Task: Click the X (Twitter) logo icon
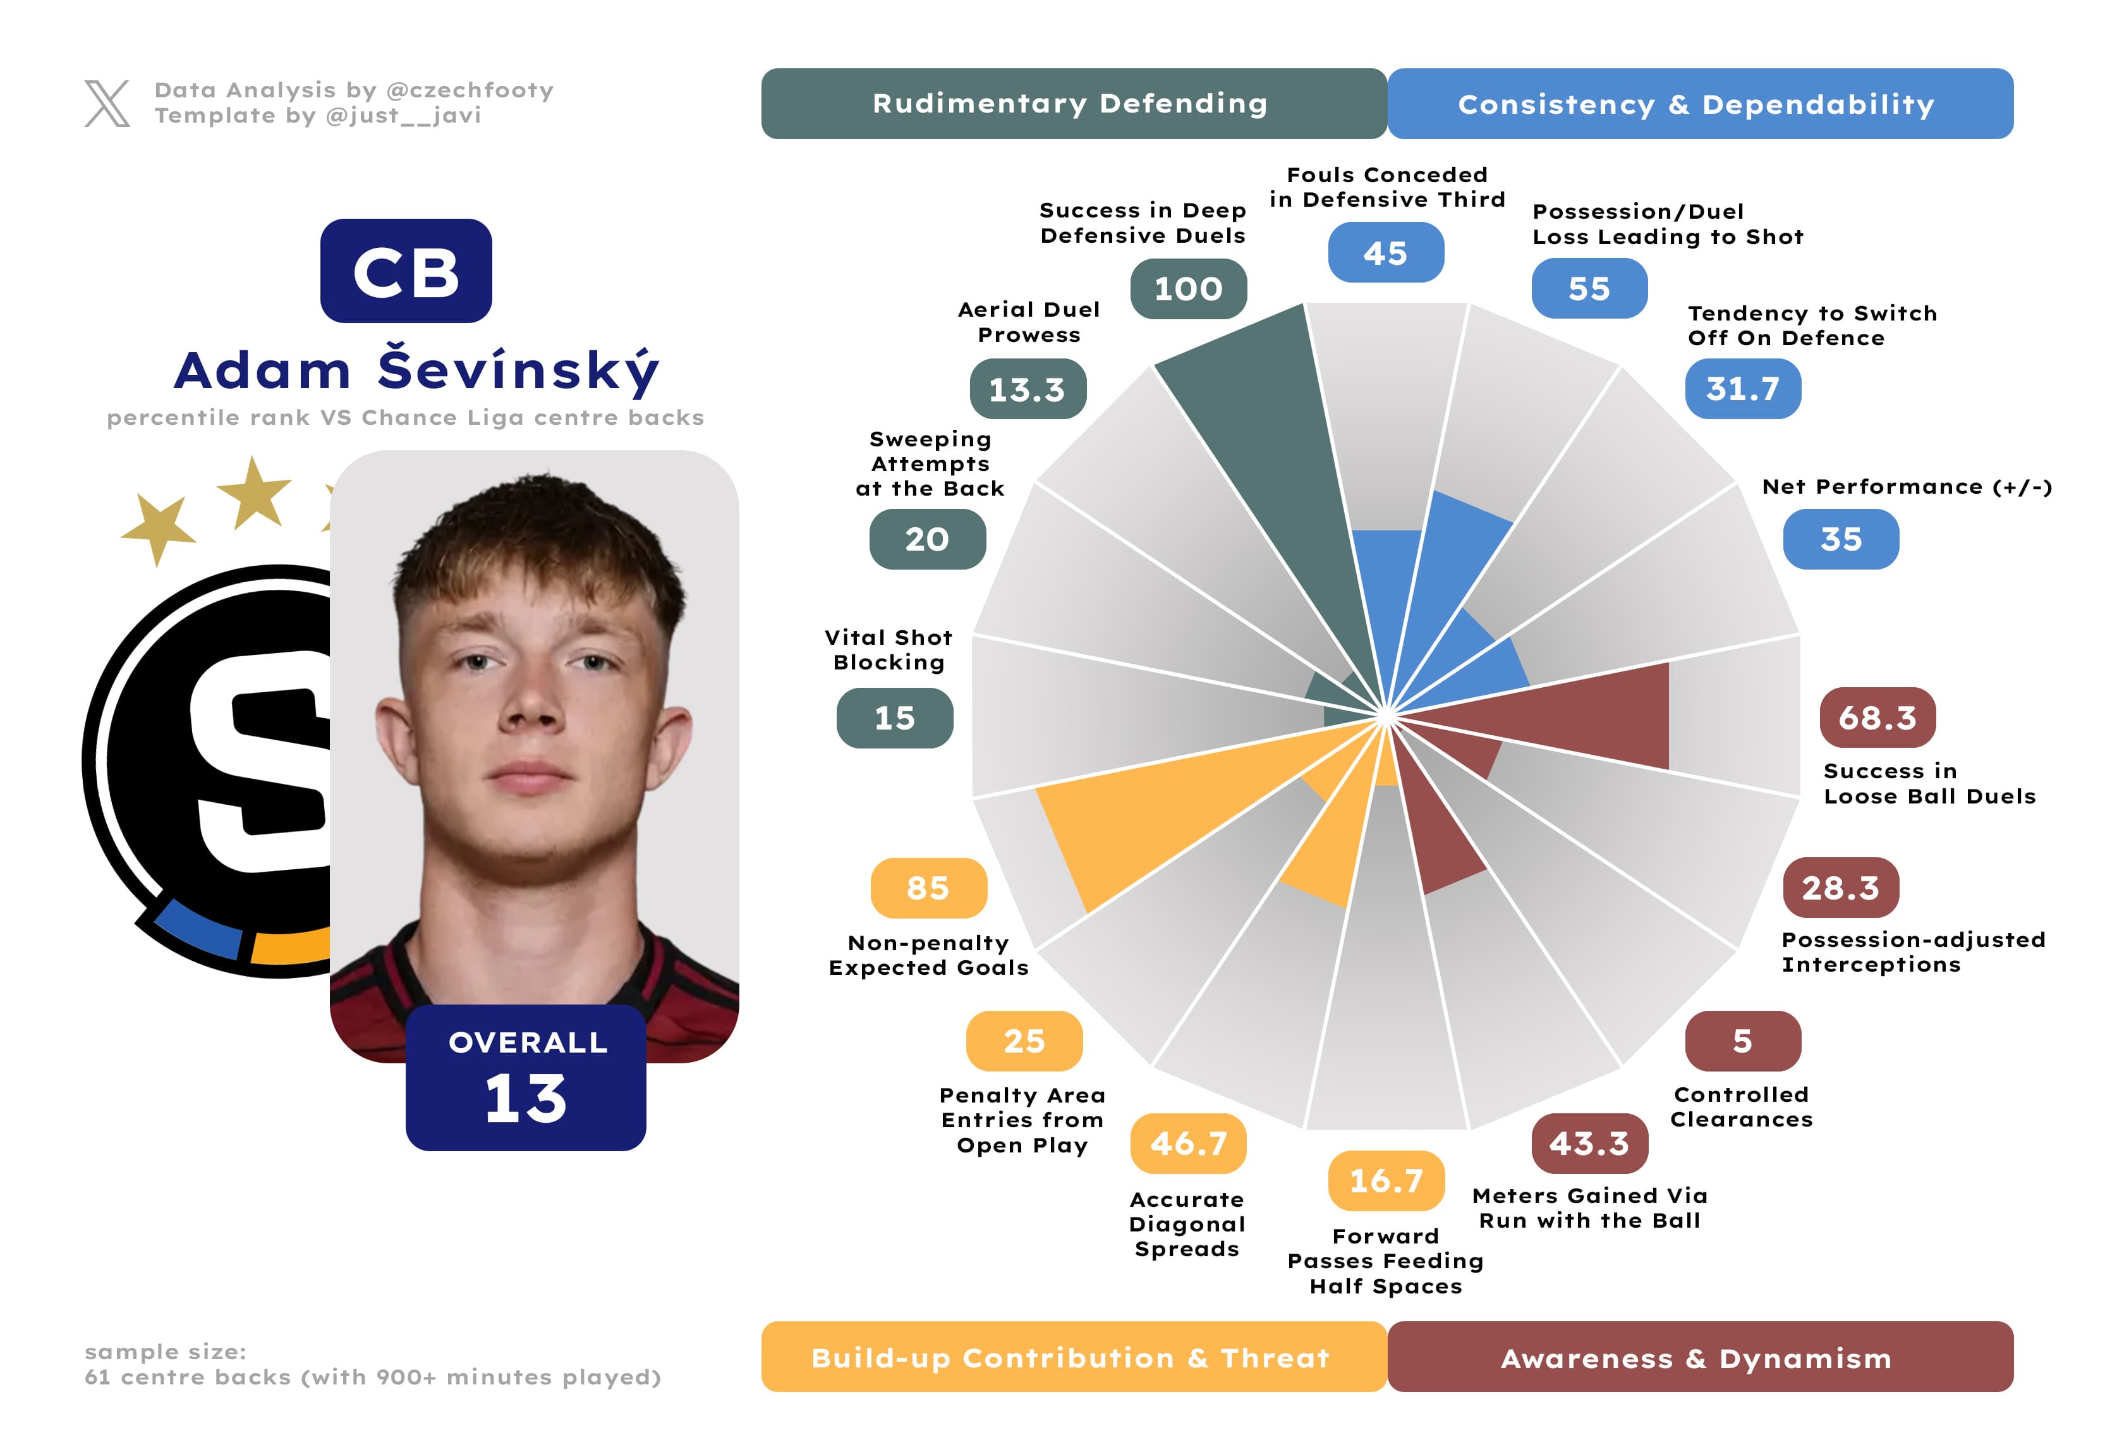[107, 103]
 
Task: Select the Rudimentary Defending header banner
[1073, 104]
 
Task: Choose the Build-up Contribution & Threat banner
[1073, 1357]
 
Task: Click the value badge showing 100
[1188, 289]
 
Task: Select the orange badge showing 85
[928, 888]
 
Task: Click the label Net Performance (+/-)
[1907, 487]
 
